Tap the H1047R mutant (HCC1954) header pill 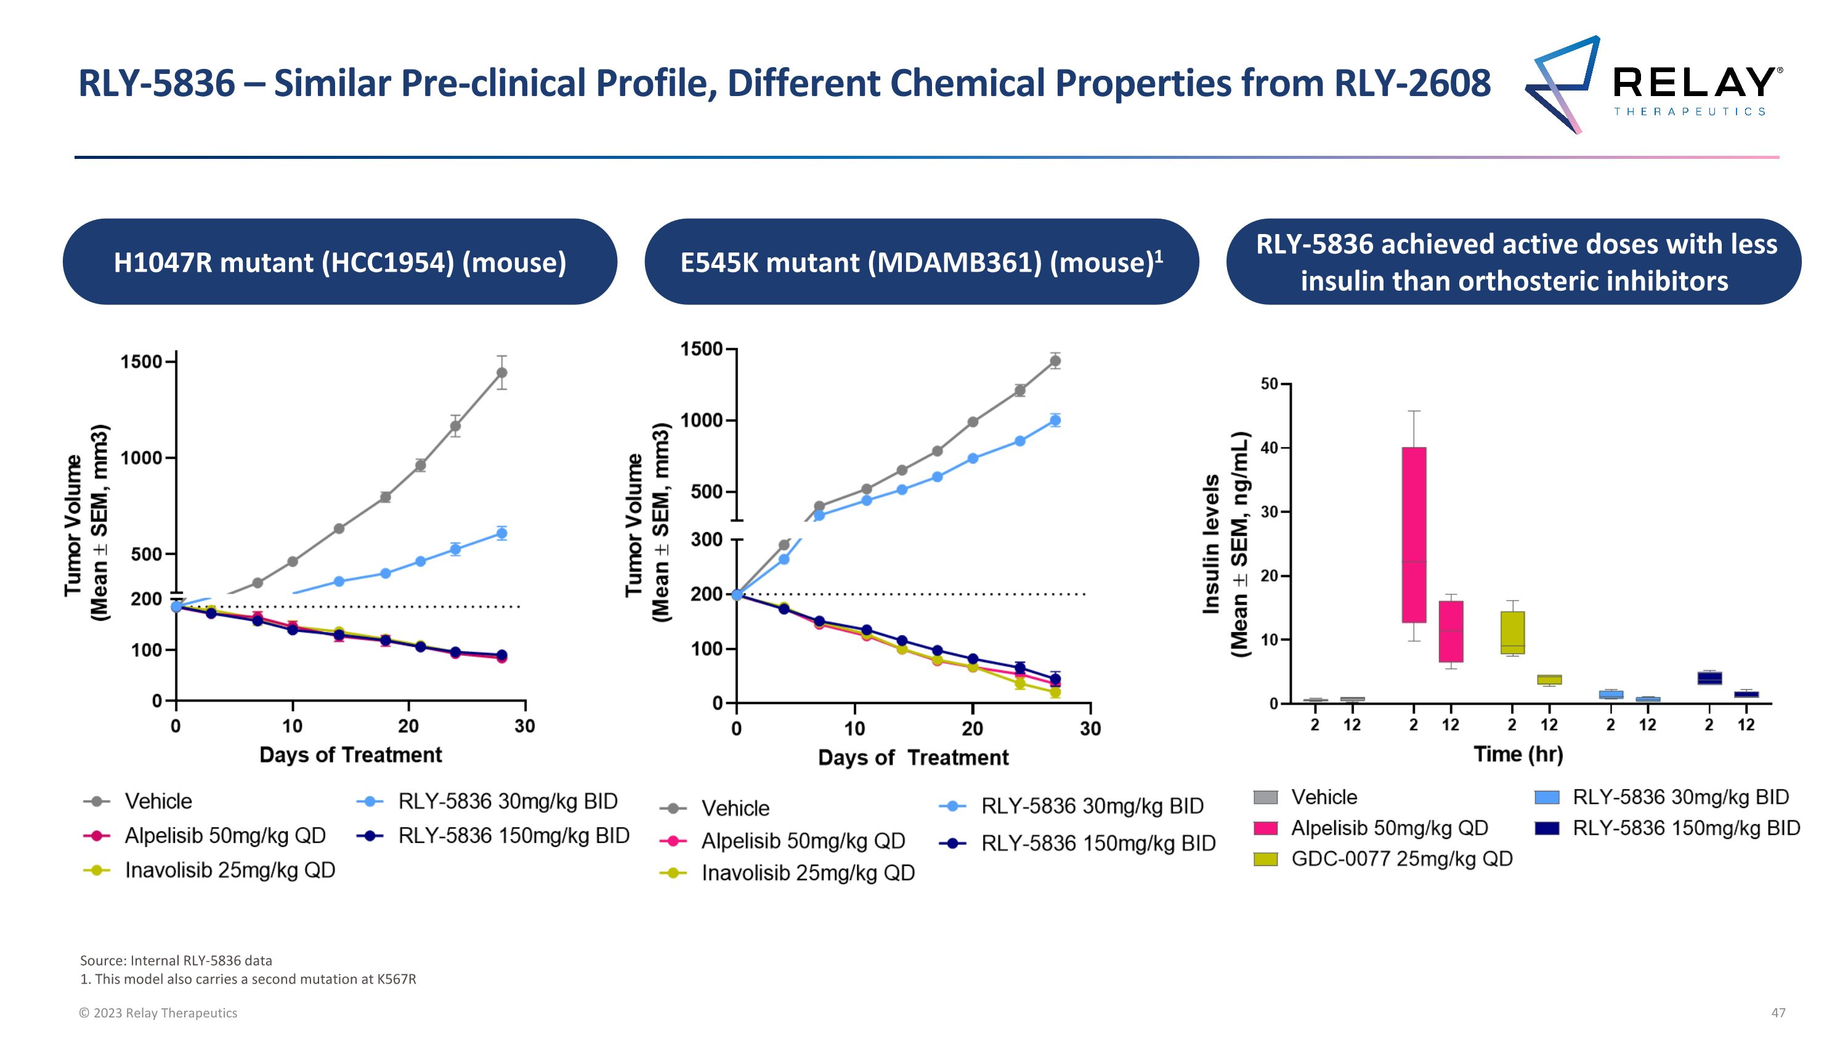coord(339,262)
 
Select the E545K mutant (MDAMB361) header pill coord(921,262)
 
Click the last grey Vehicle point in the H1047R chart coord(501,373)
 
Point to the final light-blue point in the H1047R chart coord(501,533)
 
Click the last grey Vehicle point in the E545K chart coord(1055,361)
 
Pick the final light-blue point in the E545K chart coord(1055,420)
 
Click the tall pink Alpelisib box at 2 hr coord(1414,534)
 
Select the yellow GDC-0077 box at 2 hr coord(1512,633)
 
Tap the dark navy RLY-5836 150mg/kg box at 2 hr coord(1709,677)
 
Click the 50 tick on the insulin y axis coord(1269,384)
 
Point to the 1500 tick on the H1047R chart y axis coord(141,362)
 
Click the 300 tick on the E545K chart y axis coord(707,540)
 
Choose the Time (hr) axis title coord(1518,754)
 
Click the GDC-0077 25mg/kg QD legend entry coord(1401,859)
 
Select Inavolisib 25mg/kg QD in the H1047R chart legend coord(230,870)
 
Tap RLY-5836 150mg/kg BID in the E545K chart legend coord(1098,843)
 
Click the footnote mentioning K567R coord(248,979)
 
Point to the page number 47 coord(1778,1013)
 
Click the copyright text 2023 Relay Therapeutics coord(158,1013)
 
